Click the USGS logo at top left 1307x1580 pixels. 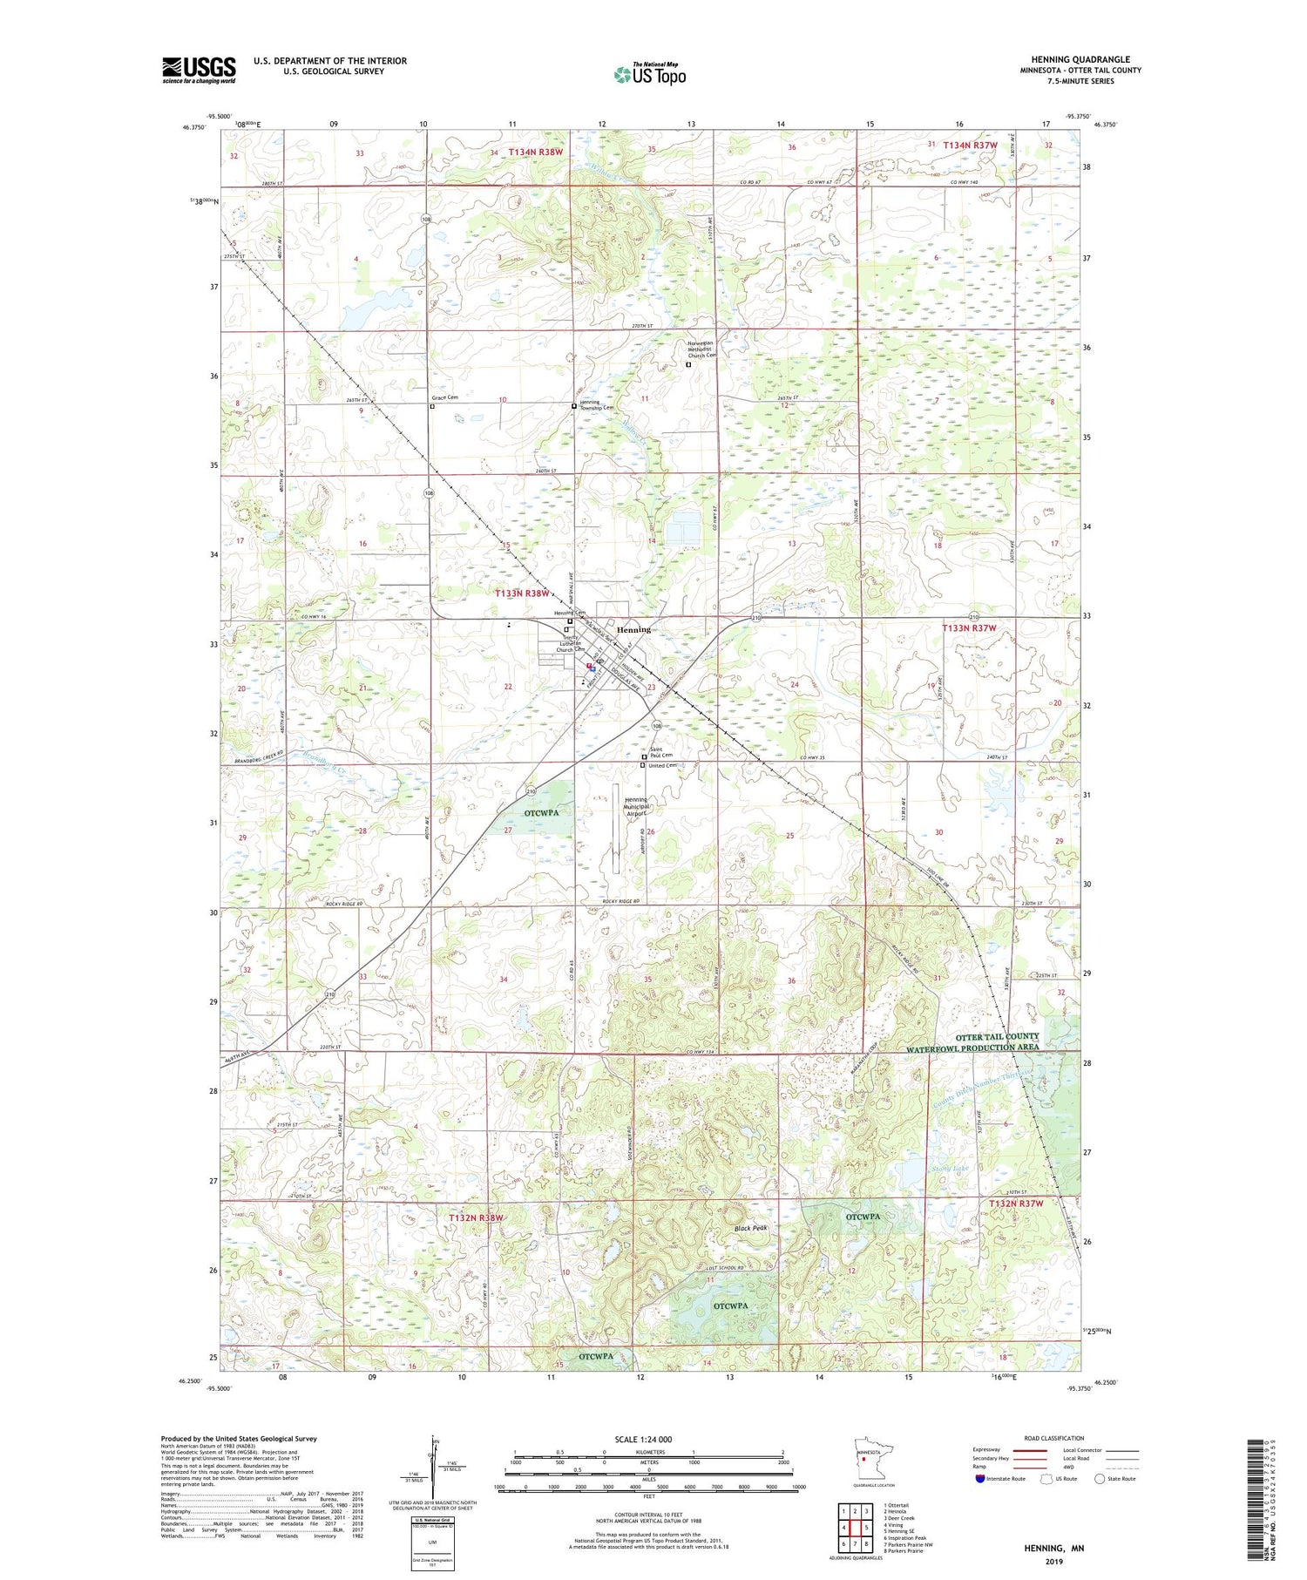(x=199, y=70)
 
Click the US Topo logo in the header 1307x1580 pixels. (x=649, y=75)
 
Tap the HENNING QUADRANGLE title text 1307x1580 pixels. (x=1080, y=59)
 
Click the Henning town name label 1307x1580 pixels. (x=633, y=629)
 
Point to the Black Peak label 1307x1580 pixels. (x=750, y=1228)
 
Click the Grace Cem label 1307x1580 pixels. (x=444, y=397)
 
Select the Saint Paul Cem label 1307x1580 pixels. (x=661, y=751)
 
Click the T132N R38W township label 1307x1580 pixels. (x=476, y=1217)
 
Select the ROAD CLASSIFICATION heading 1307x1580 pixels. (x=1053, y=1438)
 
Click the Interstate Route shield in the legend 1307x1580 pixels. (x=981, y=1478)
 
